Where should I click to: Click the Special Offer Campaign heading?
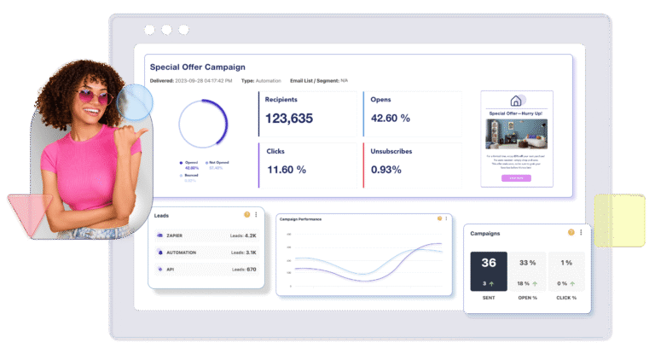[x=197, y=67]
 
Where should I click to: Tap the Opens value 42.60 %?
[x=403, y=119]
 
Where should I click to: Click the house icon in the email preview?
[x=516, y=101]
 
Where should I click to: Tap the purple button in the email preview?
[x=516, y=178]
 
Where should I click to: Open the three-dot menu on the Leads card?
[x=256, y=215]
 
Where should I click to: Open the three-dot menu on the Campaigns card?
[x=581, y=232]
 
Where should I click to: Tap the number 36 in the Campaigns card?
[x=489, y=263]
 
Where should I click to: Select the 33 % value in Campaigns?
[x=528, y=263]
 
